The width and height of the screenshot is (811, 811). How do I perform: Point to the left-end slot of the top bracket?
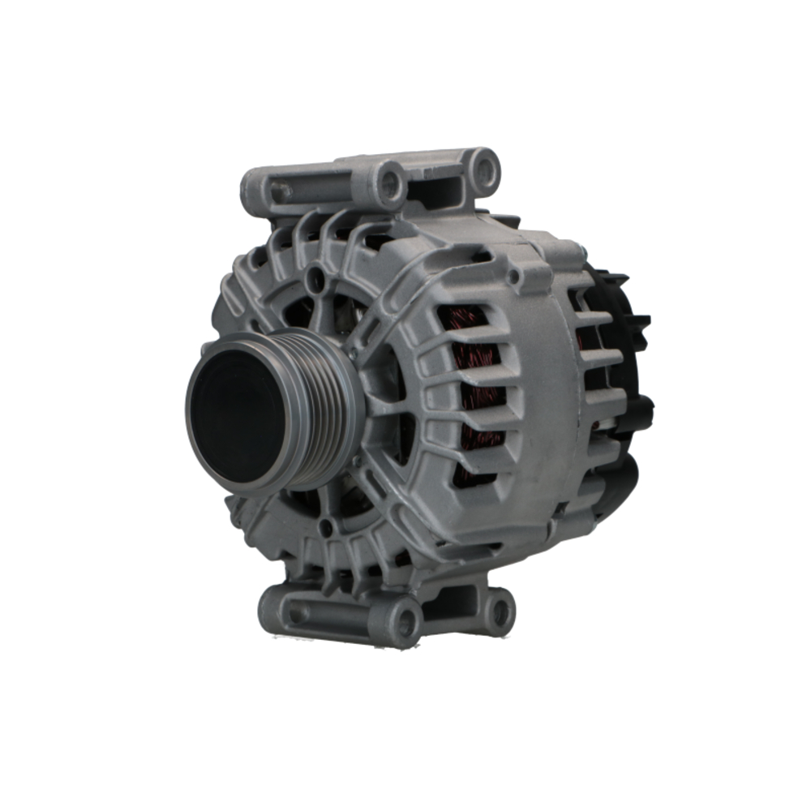[x=280, y=192]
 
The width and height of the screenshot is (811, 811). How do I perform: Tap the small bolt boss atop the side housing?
[x=513, y=277]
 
